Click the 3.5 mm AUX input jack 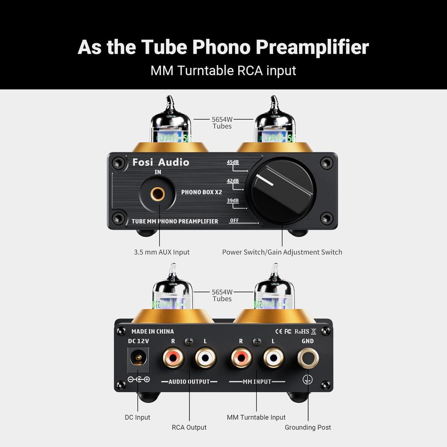158,193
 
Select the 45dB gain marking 233,162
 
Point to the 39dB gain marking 233,201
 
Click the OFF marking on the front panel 234,220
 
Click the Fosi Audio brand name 161,162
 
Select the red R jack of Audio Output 173,358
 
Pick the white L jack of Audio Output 206,358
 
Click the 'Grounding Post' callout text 308,427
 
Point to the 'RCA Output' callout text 189,427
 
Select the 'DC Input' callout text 137,417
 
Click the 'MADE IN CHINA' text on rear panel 152,331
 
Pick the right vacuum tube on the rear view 275,291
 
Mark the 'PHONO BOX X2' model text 202,192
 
